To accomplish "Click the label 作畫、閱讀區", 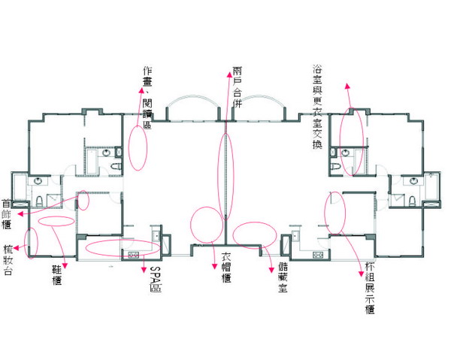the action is pos(147,98).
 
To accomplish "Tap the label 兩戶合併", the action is pos(238,87).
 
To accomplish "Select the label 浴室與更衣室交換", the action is pos(317,107).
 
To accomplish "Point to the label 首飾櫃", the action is pos(6,214).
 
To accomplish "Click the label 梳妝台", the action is pos(8,260).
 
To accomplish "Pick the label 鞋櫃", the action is pos(57,275).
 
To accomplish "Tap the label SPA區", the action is pos(156,279).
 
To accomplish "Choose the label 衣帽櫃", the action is pos(226,268).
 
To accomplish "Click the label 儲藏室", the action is pos(283,277).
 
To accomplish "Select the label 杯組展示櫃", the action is pos(370,288).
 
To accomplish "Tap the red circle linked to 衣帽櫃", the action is pos(191,225).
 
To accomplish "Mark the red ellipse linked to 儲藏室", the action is pos(233,235).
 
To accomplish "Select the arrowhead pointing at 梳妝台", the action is pos(16,248).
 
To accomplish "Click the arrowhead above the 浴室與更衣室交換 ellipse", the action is pos(347,86).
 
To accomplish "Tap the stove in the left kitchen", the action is pos(134,255).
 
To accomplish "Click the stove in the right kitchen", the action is pos(319,255).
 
